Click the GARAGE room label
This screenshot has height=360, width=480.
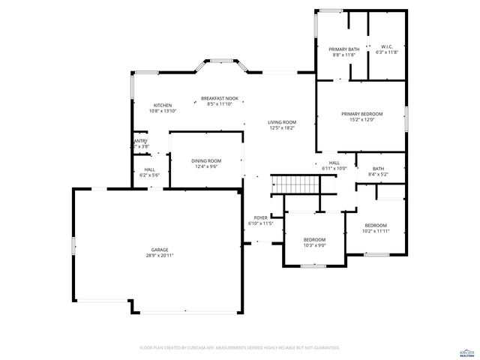(160, 250)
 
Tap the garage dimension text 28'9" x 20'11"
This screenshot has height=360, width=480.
(160, 256)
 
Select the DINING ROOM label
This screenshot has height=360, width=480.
(206, 160)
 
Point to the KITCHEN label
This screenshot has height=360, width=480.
(163, 105)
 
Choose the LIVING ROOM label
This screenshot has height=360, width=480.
(282, 122)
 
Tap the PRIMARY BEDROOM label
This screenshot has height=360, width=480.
(361, 114)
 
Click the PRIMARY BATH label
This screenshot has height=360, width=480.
(344, 49)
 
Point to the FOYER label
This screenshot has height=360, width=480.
(260, 217)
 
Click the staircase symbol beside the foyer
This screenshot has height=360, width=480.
(290, 183)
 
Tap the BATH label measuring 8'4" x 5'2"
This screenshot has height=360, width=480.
(379, 169)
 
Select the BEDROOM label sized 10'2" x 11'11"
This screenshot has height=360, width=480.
(376, 226)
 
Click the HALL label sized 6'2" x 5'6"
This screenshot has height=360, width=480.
(150, 169)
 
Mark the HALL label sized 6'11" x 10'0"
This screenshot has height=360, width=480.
(334, 163)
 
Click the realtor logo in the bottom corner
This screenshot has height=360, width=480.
(466, 352)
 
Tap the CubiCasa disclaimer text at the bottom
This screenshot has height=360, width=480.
(239, 348)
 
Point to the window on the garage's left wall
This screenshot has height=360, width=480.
(73, 245)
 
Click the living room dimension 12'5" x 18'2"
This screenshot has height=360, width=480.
(282, 128)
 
